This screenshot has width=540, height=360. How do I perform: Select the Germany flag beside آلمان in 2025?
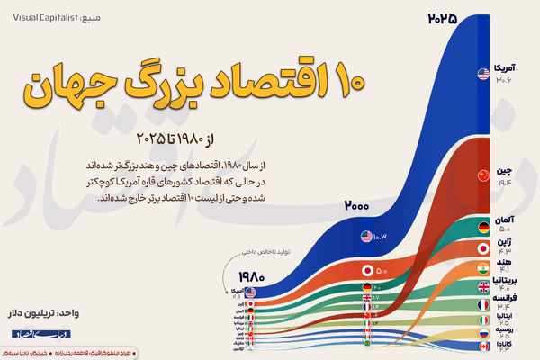click(x=482, y=227)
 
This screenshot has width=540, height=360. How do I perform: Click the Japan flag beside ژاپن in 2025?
click(x=482, y=247)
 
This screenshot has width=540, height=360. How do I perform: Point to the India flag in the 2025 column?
click(x=482, y=268)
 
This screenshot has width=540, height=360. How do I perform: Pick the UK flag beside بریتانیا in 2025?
click(x=482, y=286)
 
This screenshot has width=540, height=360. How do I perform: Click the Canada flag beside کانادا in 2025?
click(x=482, y=346)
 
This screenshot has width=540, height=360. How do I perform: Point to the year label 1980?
click(x=254, y=277)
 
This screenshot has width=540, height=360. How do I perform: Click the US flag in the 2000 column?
click(x=366, y=238)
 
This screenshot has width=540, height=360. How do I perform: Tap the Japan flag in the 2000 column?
click(x=366, y=270)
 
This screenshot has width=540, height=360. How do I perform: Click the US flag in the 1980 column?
click(x=250, y=292)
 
